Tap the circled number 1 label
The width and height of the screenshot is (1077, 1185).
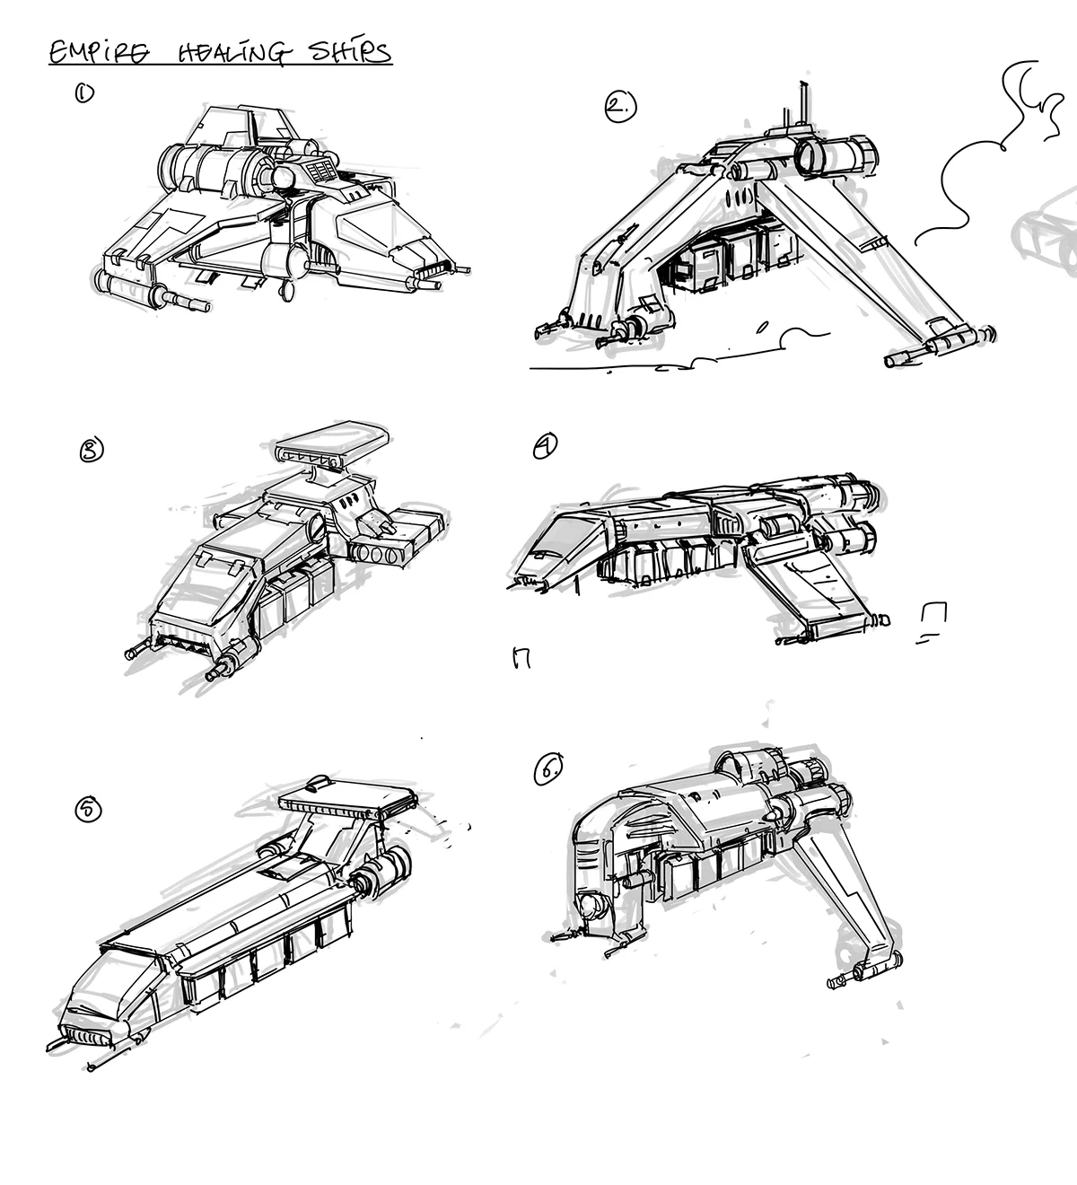click(84, 92)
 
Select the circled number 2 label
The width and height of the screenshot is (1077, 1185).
click(618, 108)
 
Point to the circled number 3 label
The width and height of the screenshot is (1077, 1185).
click(92, 449)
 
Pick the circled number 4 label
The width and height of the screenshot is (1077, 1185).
click(545, 445)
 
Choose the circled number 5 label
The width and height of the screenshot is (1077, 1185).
click(88, 809)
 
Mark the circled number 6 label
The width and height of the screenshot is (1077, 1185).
click(549, 769)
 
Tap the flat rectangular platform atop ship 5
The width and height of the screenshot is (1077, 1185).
click(350, 799)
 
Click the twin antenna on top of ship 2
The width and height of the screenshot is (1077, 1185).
click(801, 106)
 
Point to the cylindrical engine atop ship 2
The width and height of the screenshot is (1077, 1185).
click(835, 154)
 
